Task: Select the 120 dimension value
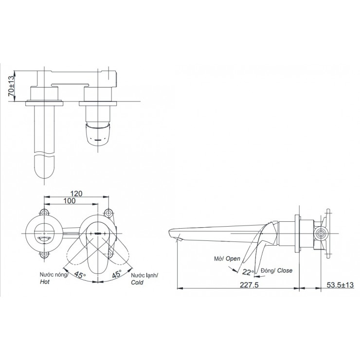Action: coord(75,193)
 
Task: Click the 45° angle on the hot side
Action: coord(79,273)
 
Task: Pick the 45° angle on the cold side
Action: coord(117,273)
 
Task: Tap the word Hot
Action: coord(46,282)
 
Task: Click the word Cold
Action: coord(138,282)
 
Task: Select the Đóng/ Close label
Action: coord(276,270)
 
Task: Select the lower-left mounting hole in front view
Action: coord(45,254)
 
